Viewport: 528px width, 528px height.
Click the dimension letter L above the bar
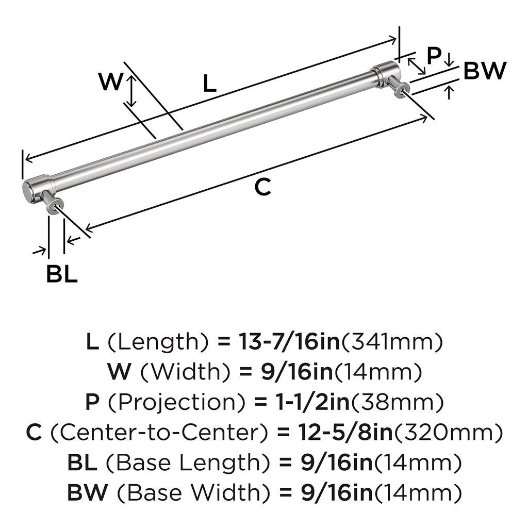click(x=209, y=84)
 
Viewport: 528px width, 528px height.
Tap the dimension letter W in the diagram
click(x=110, y=81)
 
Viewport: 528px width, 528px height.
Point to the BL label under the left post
click(x=62, y=274)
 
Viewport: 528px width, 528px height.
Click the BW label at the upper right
click(x=485, y=71)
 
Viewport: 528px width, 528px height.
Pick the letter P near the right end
click(x=434, y=56)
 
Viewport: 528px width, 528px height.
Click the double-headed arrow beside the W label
click(x=131, y=91)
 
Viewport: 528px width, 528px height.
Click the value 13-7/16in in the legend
click(x=289, y=341)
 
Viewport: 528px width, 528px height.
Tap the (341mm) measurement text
click(x=392, y=341)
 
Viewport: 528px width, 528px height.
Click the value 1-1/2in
click(x=313, y=402)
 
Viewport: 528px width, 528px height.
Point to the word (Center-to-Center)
click(x=160, y=433)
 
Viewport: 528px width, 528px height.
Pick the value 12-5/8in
click(x=345, y=433)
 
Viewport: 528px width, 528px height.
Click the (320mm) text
click(x=448, y=433)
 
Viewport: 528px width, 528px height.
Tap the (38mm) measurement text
click(x=397, y=402)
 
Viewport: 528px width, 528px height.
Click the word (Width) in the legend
click(x=186, y=372)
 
